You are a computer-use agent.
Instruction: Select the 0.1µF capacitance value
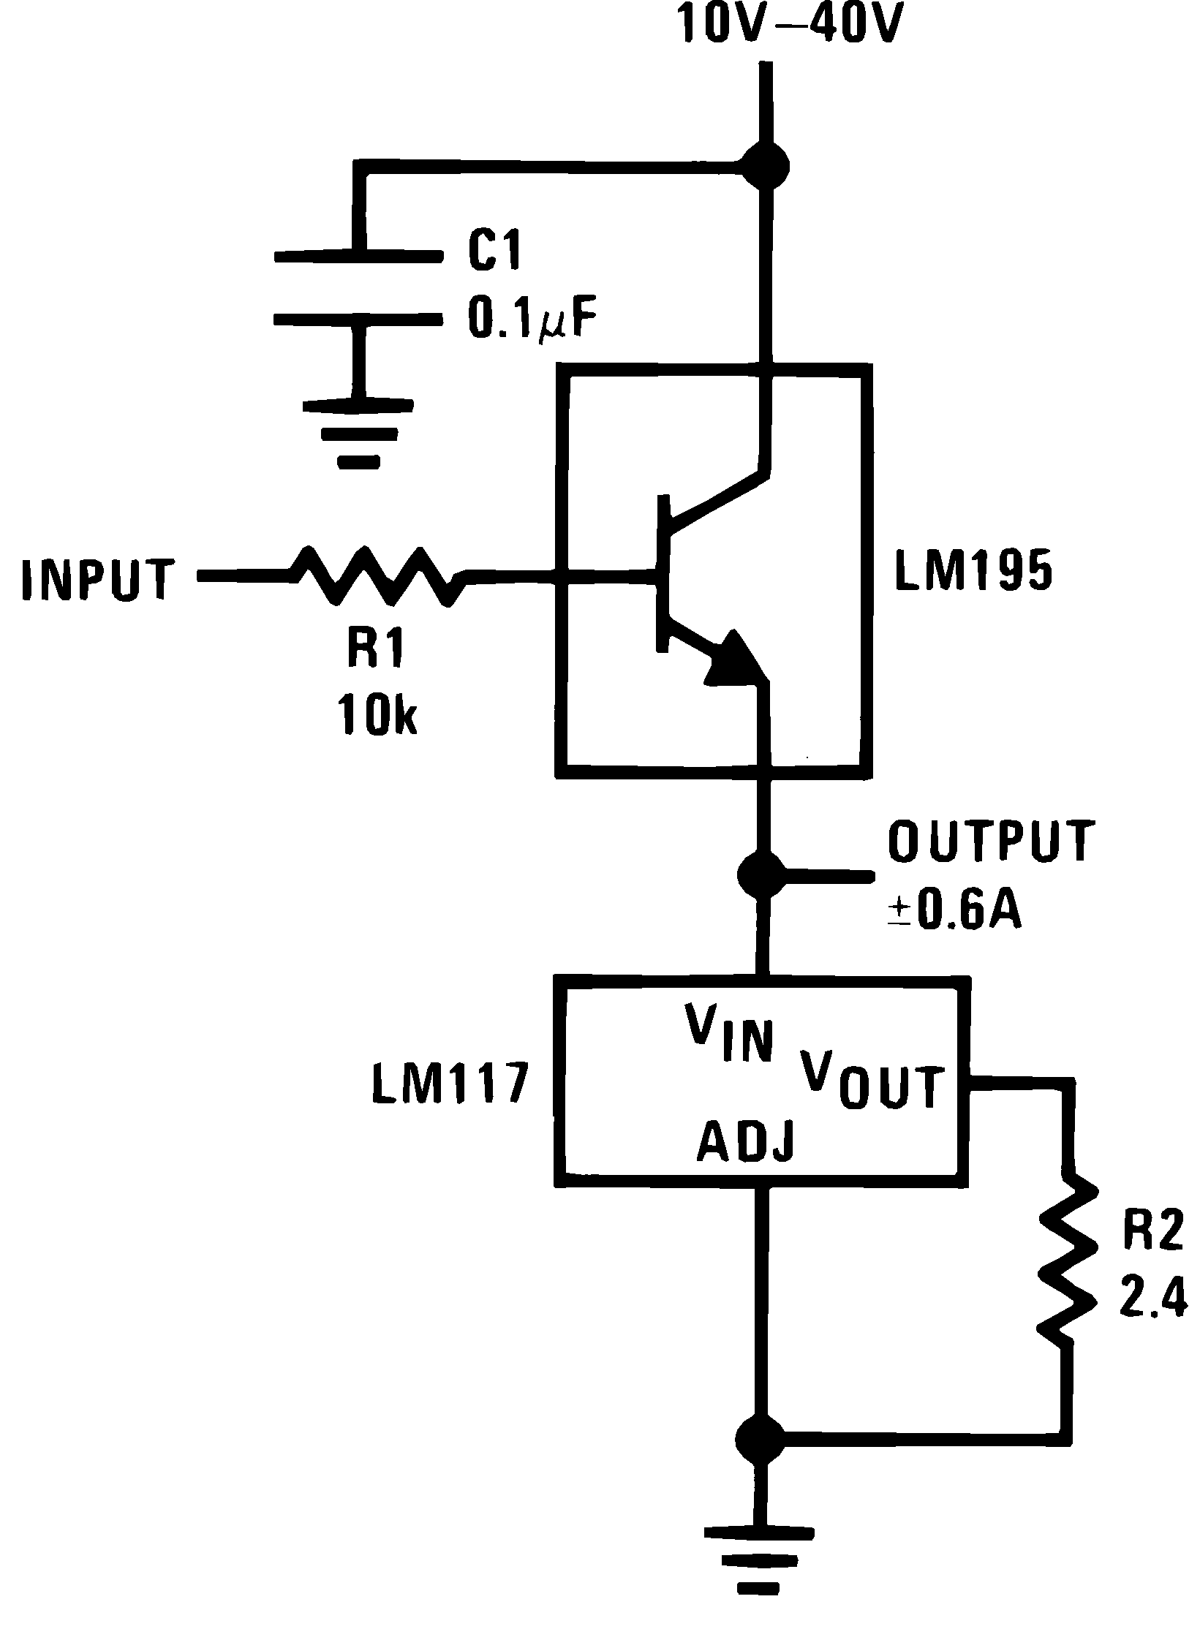(532, 321)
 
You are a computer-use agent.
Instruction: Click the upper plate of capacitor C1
(358, 256)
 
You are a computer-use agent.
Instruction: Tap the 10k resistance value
(377, 712)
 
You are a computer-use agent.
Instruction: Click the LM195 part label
(973, 572)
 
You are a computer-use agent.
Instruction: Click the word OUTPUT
(992, 841)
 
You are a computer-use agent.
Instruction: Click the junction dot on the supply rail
(765, 166)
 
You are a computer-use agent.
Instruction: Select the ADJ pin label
(745, 1141)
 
